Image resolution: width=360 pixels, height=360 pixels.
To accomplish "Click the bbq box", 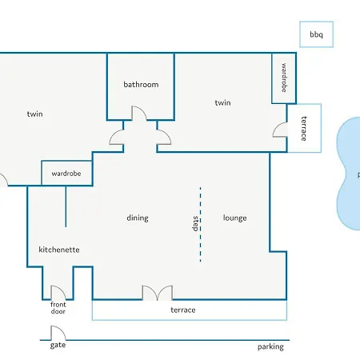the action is pyautogui.click(x=316, y=34).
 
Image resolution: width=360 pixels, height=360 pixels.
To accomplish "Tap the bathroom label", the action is pyautogui.click(x=141, y=85).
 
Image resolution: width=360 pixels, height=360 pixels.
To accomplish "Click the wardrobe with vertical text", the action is pyautogui.click(x=284, y=78).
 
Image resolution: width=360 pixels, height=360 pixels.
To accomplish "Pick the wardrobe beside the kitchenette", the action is pyautogui.click(x=66, y=173).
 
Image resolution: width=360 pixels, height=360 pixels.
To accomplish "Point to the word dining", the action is pyautogui.click(x=138, y=218).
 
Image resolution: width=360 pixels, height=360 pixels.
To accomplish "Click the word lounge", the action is pyautogui.click(x=235, y=218).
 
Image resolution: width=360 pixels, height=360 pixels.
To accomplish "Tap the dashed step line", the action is pyautogui.click(x=201, y=225).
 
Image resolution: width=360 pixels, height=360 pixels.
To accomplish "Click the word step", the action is pyautogui.click(x=195, y=223).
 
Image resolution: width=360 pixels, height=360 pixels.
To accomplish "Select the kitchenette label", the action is pyautogui.click(x=59, y=250).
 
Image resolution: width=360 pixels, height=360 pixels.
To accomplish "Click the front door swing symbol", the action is pyautogui.click(x=58, y=293).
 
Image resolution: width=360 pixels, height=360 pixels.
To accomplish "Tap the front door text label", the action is pyautogui.click(x=58, y=308).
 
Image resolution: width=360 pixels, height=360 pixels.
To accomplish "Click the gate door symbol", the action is pyautogui.click(x=58, y=333).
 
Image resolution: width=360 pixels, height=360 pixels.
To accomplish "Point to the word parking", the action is pyautogui.click(x=270, y=346).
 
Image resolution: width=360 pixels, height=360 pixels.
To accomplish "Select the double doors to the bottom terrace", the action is pyautogui.click(x=158, y=293).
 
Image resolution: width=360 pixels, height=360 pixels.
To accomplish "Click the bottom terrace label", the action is pyautogui.click(x=183, y=310).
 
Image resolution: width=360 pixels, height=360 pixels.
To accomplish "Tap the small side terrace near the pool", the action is pyautogui.click(x=304, y=128).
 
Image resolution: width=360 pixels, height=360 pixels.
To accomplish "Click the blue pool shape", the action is pyautogui.click(x=349, y=174).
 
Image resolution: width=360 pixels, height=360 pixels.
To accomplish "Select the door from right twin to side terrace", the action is pyautogui.click(x=280, y=130).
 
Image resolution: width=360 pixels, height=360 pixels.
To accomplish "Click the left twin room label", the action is pyautogui.click(x=35, y=114).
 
